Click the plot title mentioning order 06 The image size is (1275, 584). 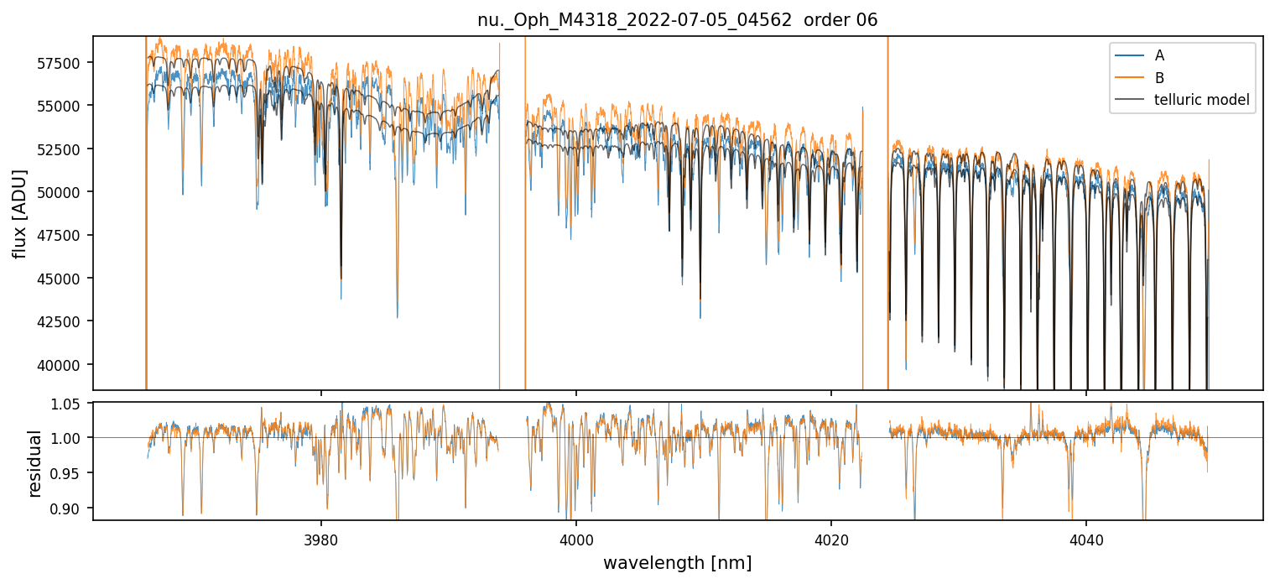pos(677,20)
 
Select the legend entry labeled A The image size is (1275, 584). pos(1159,55)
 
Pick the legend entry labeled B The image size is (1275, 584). pos(1159,78)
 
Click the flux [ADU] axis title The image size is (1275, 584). pos(19,213)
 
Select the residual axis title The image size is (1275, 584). pos(35,462)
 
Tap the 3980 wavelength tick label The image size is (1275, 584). pos(321,538)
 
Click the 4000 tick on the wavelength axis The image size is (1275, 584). pos(576,538)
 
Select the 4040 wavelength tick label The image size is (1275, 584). pos(1086,538)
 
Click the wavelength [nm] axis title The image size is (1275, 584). pos(677,562)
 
